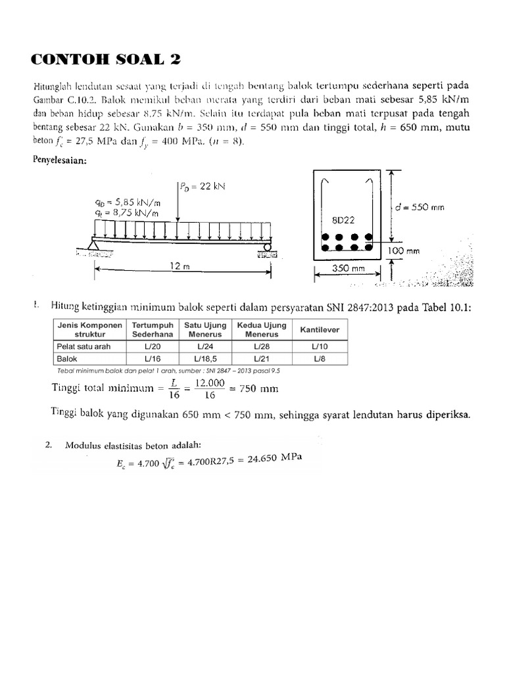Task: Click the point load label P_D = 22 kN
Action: [203, 186]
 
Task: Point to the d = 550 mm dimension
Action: [420, 207]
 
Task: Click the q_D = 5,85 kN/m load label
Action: [131, 203]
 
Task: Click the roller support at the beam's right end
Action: [268, 247]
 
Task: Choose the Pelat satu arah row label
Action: [84, 346]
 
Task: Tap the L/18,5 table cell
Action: [204, 358]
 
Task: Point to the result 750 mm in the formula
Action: [259, 389]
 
